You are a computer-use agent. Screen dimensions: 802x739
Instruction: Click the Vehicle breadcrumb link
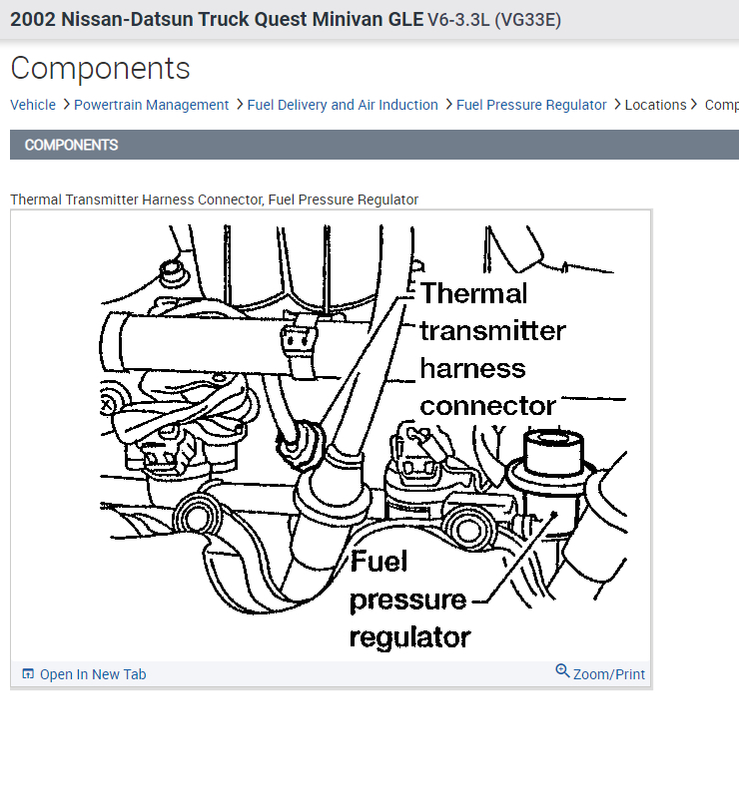pos(33,105)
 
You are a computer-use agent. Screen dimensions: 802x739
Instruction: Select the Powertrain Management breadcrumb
pos(151,105)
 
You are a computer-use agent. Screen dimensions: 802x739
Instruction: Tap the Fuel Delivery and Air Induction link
pos(343,105)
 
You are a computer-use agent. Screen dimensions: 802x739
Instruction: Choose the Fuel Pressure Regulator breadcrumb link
pos(531,105)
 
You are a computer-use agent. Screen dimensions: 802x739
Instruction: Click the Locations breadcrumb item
pos(655,105)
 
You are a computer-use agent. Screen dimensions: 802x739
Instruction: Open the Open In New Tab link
pos(93,674)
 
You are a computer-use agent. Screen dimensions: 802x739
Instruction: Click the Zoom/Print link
pos(609,674)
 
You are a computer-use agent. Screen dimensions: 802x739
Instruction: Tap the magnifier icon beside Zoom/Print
pos(563,672)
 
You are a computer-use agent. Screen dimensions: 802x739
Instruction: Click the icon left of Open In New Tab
pos(28,674)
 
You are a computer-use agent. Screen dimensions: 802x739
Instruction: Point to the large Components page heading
pos(100,69)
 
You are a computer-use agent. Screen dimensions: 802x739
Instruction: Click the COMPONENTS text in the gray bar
pos(71,145)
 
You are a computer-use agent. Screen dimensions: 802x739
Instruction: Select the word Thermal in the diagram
pos(473,293)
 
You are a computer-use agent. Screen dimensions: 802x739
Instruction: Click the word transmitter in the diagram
pos(492,330)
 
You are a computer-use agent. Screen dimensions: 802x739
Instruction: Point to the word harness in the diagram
pos(472,368)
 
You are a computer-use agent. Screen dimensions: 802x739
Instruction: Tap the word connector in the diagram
pos(487,406)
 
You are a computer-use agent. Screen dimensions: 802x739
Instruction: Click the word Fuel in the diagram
pos(379,562)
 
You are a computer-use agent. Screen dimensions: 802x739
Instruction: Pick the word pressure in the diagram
pos(408,600)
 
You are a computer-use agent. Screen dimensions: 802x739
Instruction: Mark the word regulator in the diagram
pos(409,636)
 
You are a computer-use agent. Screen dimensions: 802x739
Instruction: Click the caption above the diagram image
pos(214,200)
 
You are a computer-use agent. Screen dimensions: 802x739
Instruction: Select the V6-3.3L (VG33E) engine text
pos(494,19)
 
